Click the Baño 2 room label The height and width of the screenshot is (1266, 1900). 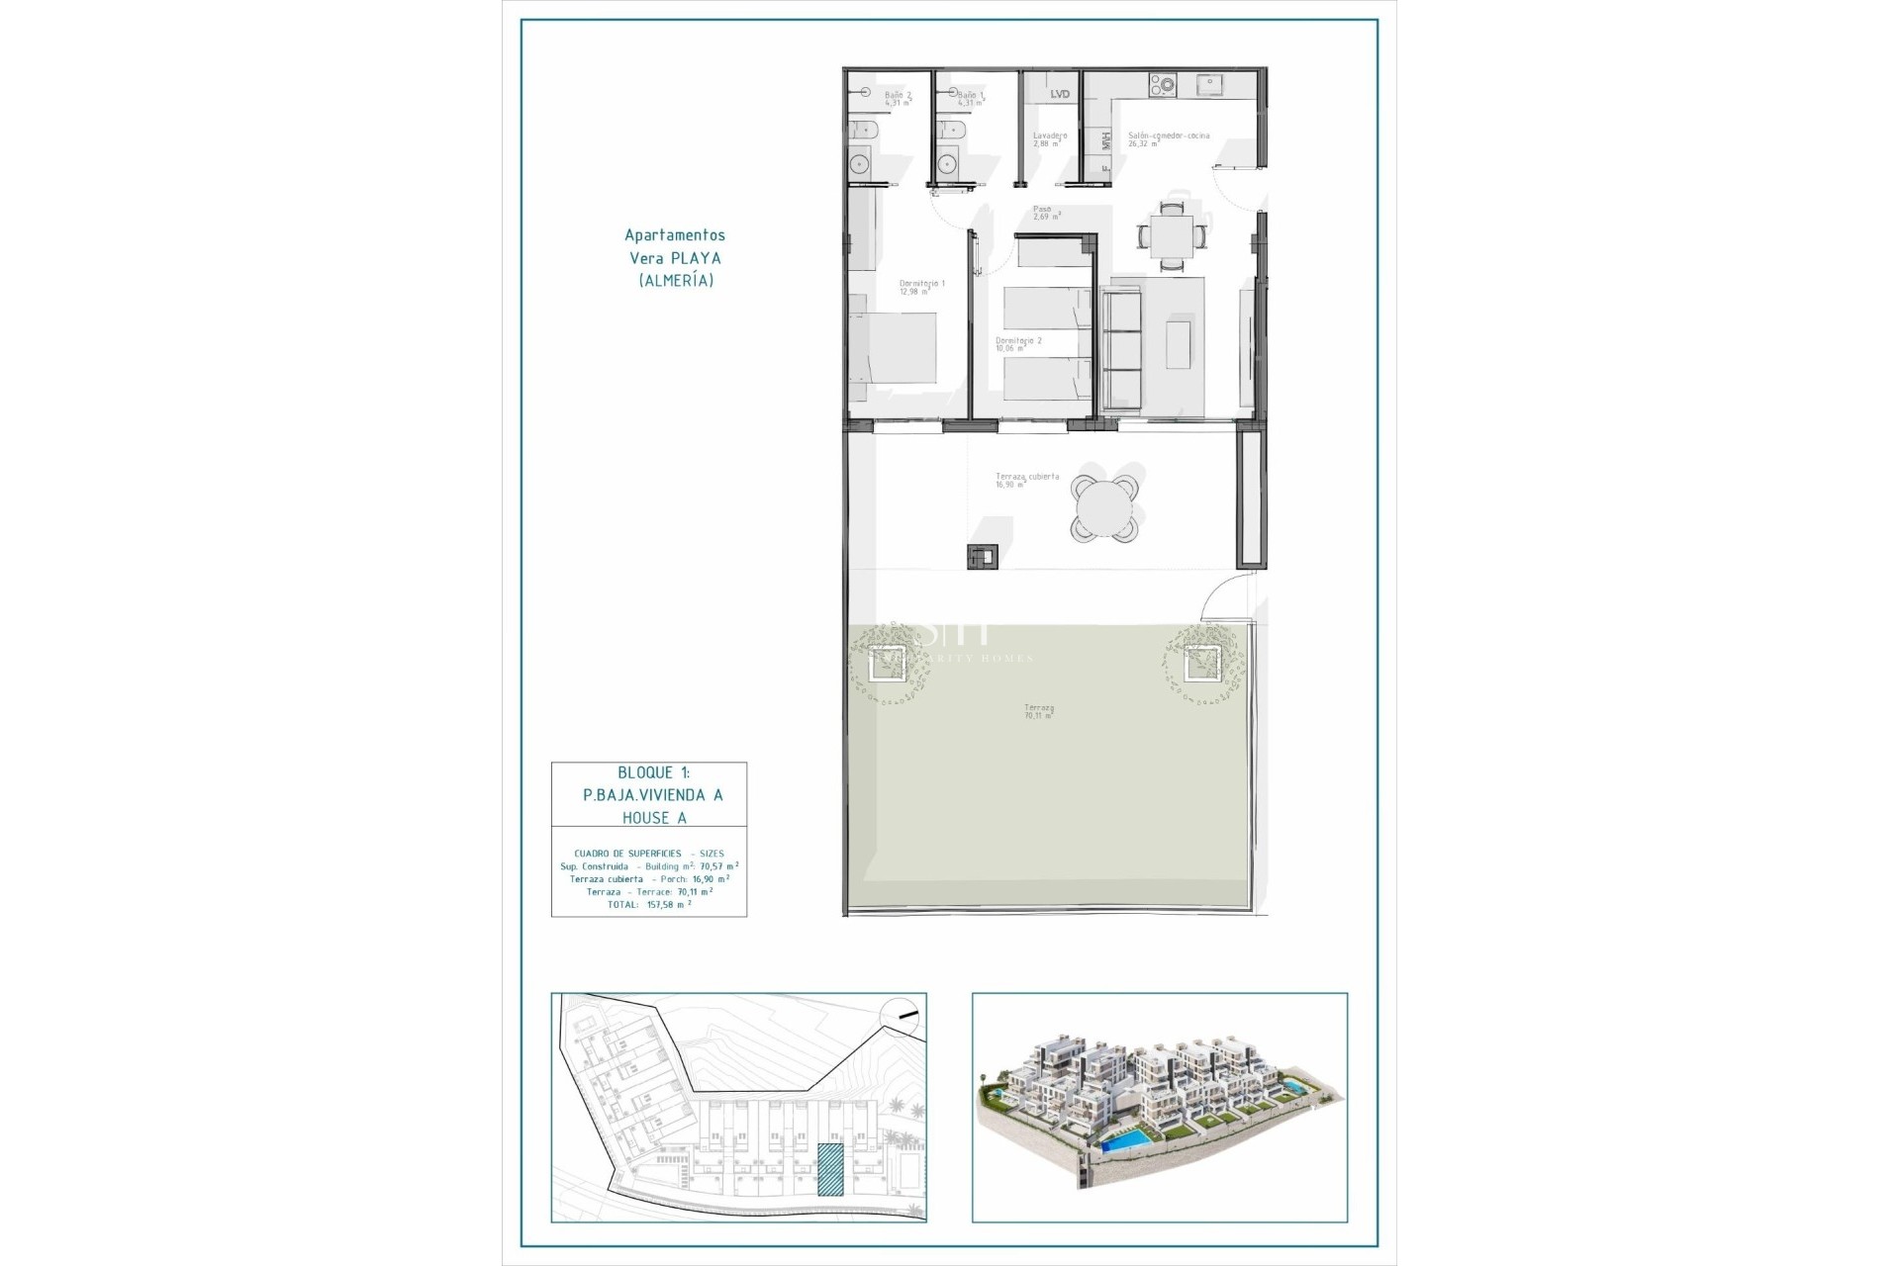[897, 98]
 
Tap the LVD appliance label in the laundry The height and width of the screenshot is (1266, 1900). [1059, 94]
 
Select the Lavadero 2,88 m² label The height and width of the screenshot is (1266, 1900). [1049, 139]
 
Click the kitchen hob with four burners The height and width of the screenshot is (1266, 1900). [1161, 86]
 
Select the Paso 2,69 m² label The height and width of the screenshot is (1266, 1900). [1046, 213]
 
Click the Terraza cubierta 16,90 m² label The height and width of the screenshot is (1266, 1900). [1026, 480]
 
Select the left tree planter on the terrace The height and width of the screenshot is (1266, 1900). [886, 666]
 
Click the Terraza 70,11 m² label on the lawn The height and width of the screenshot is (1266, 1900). [1038, 711]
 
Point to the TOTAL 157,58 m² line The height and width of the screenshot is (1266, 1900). [648, 904]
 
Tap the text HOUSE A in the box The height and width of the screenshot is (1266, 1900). [653, 817]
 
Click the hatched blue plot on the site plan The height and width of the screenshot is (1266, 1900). [830, 1169]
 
